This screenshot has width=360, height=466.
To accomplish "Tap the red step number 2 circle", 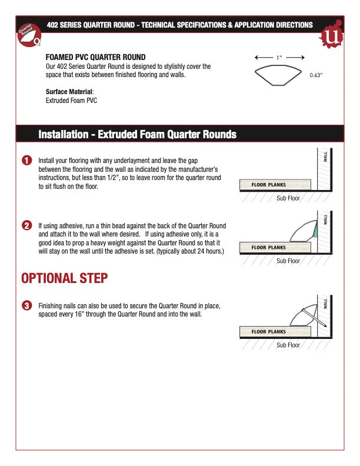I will (x=26, y=226).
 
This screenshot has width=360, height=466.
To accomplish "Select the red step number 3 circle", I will (x=26, y=305).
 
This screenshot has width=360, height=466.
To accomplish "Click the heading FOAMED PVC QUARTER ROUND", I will (x=96, y=58).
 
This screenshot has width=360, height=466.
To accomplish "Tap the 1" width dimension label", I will (x=279, y=58).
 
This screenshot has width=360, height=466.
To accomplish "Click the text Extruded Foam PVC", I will (x=71, y=101).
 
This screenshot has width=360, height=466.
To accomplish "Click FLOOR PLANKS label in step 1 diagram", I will (x=268, y=185).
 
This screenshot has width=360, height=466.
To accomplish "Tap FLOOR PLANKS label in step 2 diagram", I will (x=268, y=248).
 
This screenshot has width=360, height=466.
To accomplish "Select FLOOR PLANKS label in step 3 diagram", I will (x=268, y=332).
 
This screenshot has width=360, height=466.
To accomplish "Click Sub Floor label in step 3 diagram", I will (x=288, y=345).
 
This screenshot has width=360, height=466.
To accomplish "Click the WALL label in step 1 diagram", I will (x=325, y=157).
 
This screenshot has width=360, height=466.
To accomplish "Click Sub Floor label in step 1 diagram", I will (x=288, y=198).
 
